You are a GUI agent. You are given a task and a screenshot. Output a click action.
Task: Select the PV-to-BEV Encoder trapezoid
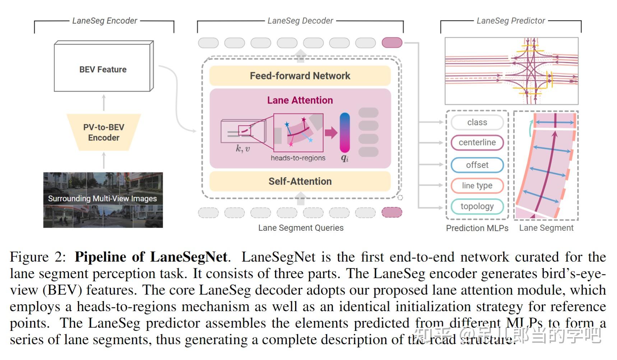(103, 132)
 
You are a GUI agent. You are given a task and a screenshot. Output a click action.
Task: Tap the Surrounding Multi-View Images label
(102, 198)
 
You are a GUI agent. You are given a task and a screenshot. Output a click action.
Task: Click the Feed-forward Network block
(300, 76)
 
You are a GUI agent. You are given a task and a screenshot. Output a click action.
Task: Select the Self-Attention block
(300, 181)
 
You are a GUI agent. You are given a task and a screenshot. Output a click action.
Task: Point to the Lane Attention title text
(300, 100)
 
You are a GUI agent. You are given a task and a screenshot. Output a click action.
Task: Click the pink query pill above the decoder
(392, 43)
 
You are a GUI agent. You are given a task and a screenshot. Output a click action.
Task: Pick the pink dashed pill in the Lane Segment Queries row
(392, 213)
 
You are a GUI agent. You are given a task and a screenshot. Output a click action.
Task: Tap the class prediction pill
(477, 123)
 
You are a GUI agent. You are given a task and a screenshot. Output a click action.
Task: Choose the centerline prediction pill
(477, 143)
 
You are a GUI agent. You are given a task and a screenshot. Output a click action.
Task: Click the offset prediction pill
(477, 165)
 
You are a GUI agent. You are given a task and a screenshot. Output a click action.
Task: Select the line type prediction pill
(477, 185)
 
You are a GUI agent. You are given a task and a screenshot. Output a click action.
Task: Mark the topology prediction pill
(477, 206)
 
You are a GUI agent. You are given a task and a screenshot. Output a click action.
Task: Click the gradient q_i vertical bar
(345, 133)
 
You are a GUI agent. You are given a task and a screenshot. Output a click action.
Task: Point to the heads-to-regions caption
(298, 158)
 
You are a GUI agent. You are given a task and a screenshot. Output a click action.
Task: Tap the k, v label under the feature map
(243, 148)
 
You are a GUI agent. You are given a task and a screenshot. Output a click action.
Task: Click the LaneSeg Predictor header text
(511, 21)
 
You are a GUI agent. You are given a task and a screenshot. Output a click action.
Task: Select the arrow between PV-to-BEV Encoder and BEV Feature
(104, 103)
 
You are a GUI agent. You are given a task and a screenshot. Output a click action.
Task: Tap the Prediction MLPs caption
(477, 228)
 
